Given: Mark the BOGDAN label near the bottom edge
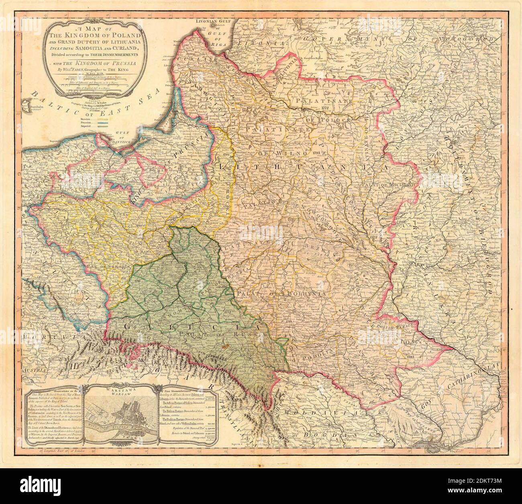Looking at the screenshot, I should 323,435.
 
